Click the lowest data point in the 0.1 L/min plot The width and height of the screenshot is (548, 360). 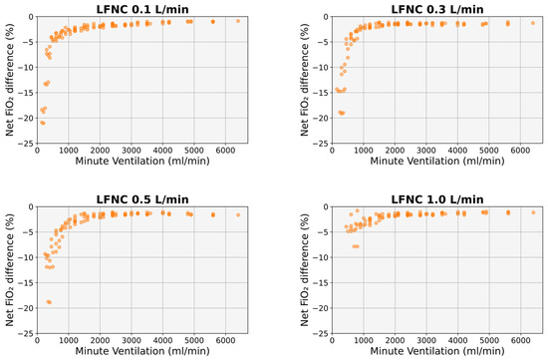42,123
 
